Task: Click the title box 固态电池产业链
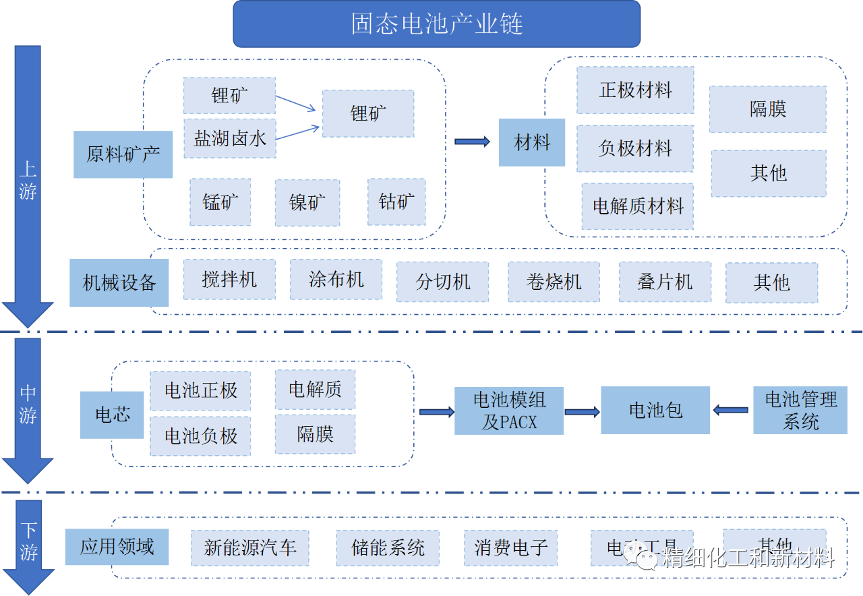coord(436,24)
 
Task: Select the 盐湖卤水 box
coord(230,138)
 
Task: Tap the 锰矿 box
coord(220,202)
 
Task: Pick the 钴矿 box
coord(396,202)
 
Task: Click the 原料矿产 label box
coord(123,154)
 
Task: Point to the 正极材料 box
coord(635,90)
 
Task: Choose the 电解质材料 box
coord(638,206)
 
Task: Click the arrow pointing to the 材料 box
coord(472,142)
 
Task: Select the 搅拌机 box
coord(229,279)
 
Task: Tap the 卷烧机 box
coord(554,282)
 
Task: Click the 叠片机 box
coord(665,282)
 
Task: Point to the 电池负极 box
coord(200,436)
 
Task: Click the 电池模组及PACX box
coord(509,411)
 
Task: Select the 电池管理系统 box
coord(800,411)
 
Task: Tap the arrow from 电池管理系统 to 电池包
coord(732,410)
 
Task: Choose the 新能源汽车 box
coord(250,547)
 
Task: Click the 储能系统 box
coord(388,547)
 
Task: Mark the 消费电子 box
coord(510,547)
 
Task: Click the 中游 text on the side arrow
coord(28,404)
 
